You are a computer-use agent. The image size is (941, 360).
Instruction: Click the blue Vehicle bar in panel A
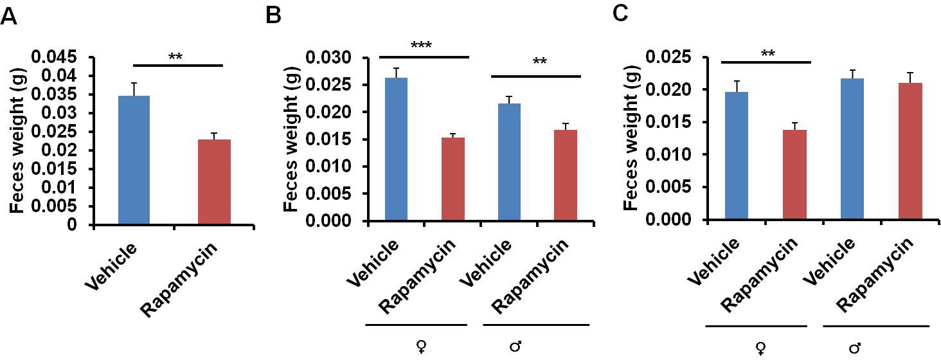pyautogui.click(x=134, y=161)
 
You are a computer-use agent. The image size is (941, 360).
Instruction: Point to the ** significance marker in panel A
pyautogui.click(x=176, y=57)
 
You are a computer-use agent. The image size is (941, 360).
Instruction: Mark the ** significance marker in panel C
pyautogui.click(x=766, y=53)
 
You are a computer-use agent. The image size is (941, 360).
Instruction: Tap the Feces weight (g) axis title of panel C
pyautogui.click(x=632, y=138)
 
